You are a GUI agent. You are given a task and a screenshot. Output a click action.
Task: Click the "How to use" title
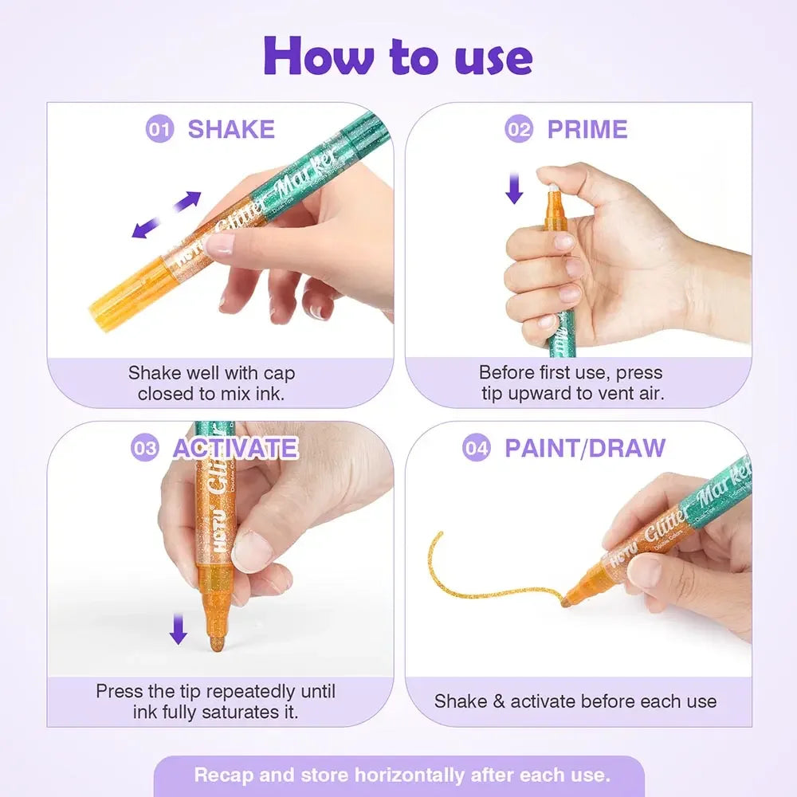(398, 56)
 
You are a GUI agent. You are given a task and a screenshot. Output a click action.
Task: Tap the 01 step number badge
(159, 129)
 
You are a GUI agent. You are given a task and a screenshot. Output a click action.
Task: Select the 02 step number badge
(519, 128)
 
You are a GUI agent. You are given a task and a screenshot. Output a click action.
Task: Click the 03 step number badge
(145, 448)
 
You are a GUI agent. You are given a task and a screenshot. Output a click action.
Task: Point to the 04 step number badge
(477, 448)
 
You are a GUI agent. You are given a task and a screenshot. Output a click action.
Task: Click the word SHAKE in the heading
(231, 129)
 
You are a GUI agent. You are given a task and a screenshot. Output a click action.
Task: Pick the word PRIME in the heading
(587, 129)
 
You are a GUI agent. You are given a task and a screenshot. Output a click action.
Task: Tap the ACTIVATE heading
(235, 448)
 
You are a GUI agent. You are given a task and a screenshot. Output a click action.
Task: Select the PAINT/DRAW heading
(585, 448)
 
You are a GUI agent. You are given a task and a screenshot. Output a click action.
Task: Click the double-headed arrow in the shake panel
(167, 215)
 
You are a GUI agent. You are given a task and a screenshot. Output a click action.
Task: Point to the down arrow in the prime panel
(515, 188)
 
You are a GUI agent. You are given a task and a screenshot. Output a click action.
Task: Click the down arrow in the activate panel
(178, 629)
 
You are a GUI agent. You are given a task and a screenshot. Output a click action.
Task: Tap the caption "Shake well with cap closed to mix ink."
(211, 383)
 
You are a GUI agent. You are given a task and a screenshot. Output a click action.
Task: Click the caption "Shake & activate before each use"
(575, 701)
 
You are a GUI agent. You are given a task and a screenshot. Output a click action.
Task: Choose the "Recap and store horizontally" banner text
(402, 775)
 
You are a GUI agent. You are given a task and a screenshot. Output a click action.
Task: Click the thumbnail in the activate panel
(252, 550)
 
